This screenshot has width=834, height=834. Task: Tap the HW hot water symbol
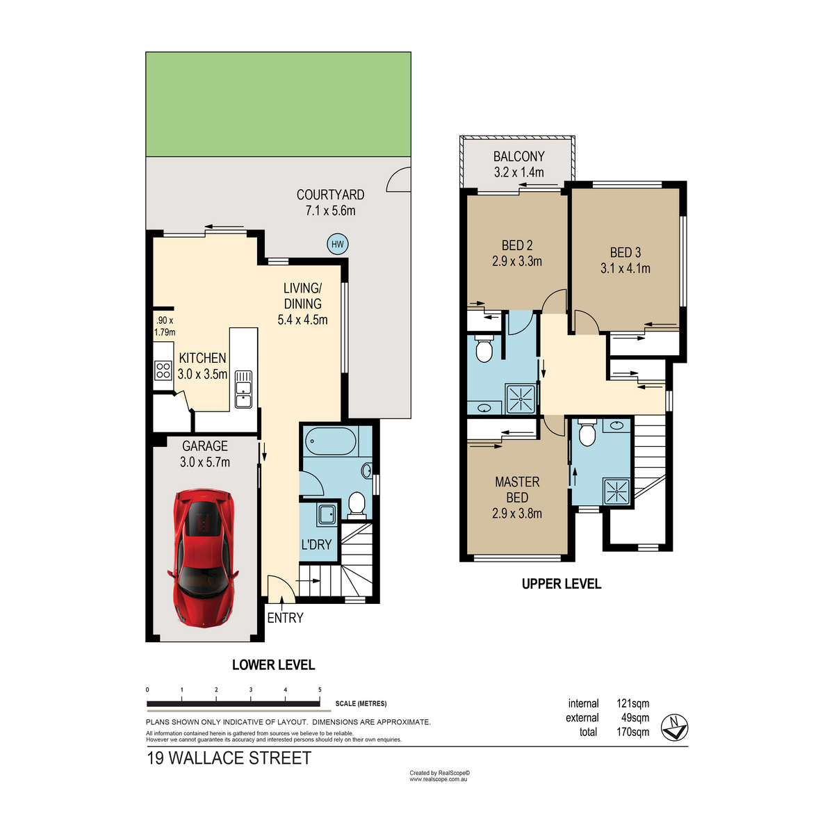(x=337, y=244)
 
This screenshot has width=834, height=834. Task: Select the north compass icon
(x=674, y=727)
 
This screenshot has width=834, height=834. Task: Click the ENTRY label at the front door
(x=285, y=618)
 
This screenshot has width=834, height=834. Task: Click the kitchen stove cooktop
(x=163, y=371)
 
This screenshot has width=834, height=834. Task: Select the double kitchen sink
(x=243, y=389)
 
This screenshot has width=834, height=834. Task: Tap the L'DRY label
(x=316, y=544)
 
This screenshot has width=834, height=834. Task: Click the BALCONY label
(x=519, y=156)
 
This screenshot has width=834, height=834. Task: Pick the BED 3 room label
(x=625, y=252)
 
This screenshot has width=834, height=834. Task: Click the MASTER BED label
(x=517, y=489)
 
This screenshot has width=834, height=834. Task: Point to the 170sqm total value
(x=632, y=732)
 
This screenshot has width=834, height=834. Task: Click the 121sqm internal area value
(x=632, y=703)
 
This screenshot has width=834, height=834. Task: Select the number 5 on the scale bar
(x=320, y=690)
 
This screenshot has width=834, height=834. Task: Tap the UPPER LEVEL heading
(x=562, y=584)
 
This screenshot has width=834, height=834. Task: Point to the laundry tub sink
(x=327, y=515)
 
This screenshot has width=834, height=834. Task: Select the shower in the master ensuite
(x=616, y=491)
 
